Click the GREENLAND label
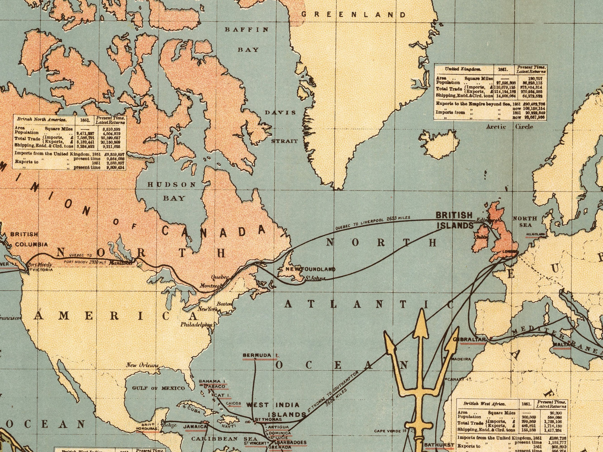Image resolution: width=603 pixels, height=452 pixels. [353, 15]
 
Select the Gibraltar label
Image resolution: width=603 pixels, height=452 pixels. [469, 339]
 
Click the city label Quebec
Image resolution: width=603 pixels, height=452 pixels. [220, 277]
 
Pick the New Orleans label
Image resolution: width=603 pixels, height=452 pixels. [142, 365]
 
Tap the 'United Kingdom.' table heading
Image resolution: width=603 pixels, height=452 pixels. [463, 69]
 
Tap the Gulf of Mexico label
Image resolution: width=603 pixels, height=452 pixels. [158, 388]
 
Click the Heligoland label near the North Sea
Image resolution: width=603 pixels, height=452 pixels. [535, 234]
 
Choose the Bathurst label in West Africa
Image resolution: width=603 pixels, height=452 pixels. [439, 445]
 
